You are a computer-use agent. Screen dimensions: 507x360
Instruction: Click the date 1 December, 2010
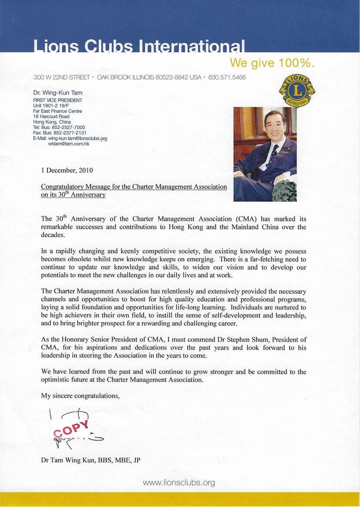[67, 170]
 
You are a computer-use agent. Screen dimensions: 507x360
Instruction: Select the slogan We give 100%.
[272, 63]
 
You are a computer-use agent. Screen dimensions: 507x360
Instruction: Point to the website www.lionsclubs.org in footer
[179, 483]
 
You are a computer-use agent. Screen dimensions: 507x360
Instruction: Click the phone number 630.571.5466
[227, 78]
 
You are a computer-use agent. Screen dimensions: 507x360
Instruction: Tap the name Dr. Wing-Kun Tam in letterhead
[58, 92]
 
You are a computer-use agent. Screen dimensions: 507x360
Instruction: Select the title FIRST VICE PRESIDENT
[57, 100]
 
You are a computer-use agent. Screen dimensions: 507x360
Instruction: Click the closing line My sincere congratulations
[80, 395]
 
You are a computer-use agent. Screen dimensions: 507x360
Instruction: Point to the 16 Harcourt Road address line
[51, 117]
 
